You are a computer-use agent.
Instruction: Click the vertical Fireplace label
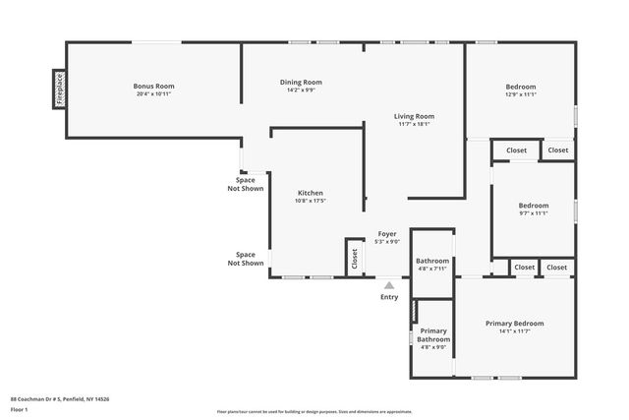(60, 89)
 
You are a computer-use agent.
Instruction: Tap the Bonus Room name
(153, 87)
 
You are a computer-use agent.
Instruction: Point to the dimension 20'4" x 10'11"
(153, 94)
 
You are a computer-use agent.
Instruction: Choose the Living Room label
(414, 116)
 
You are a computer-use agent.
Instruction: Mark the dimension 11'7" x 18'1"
(414, 124)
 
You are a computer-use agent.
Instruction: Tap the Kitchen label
(311, 193)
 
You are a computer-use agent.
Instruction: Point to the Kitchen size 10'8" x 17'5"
(311, 201)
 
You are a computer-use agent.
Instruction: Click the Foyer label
(388, 234)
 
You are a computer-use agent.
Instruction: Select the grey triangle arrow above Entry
(389, 285)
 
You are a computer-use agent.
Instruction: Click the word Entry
(389, 296)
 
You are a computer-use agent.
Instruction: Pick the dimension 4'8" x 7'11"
(432, 269)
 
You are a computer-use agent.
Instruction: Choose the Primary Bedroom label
(514, 323)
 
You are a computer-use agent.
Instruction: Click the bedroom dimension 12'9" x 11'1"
(520, 94)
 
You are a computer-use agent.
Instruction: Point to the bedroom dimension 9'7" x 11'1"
(533, 213)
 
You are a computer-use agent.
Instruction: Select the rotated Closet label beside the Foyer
(355, 258)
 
